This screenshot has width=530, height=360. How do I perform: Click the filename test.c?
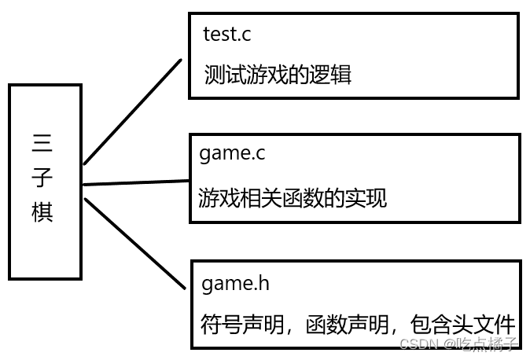pos(227,34)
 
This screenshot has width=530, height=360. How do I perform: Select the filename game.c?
pos(232,153)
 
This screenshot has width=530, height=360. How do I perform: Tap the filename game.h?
pos(236,282)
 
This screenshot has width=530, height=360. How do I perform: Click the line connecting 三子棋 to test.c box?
pos(132,112)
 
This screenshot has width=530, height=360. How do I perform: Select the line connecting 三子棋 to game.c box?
pos(135,182)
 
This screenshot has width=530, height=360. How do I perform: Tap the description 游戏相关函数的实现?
pos(293,197)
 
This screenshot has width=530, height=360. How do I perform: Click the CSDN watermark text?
pos(418,343)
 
